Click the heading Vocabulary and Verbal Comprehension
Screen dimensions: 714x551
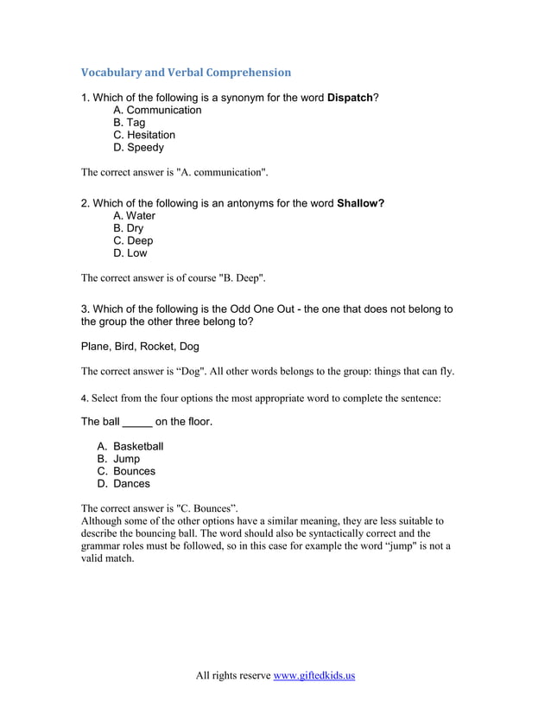point(186,73)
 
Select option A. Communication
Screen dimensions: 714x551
point(157,111)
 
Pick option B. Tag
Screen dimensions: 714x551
point(130,123)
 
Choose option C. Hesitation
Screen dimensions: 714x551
point(144,135)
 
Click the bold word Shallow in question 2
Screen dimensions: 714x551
point(360,204)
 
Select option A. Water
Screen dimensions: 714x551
point(135,216)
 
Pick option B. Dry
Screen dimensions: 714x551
point(129,228)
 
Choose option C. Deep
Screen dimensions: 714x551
point(133,241)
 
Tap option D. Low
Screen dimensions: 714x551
point(130,253)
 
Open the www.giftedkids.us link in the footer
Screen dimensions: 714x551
point(314,675)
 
